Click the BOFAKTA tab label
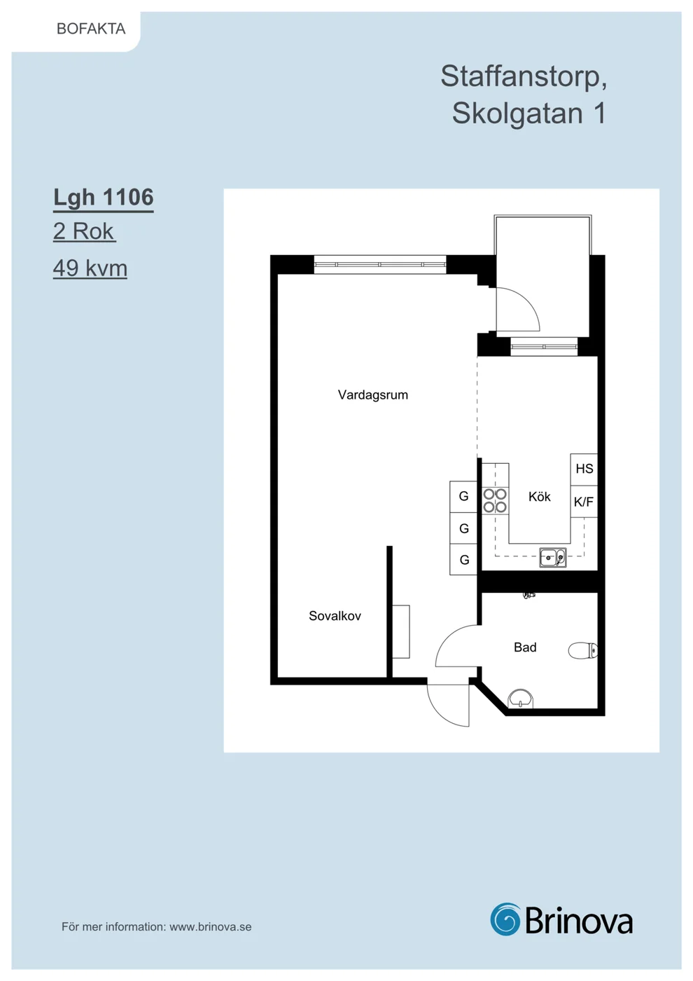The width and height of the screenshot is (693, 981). pyautogui.click(x=91, y=29)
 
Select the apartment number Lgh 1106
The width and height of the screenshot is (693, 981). pyautogui.click(x=104, y=198)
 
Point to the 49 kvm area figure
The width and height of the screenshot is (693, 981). pyautogui.click(x=90, y=268)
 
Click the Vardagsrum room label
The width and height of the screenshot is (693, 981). pyautogui.click(x=372, y=395)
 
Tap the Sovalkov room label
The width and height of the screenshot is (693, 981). pyautogui.click(x=335, y=616)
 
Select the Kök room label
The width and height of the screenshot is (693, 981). pyautogui.click(x=540, y=497)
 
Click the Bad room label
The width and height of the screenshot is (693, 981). pyautogui.click(x=525, y=647)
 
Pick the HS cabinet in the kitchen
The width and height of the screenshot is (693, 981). pyautogui.click(x=584, y=469)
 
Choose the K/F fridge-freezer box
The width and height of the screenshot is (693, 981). pyautogui.click(x=584, y=502)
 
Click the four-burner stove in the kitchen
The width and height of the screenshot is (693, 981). pyautogui.click(x=495, y=500)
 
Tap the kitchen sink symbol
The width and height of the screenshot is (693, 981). pyautogui.click(x=553, y=558)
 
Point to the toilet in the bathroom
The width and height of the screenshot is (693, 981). pyautogui.click(x=582, y=651)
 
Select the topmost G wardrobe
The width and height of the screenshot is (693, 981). pyautogui.click(x=463, y=497)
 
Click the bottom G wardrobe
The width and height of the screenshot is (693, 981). pyautogui.click(x=463, y=560)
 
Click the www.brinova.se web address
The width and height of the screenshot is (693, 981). pyautogui.click(x=211, y=926)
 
